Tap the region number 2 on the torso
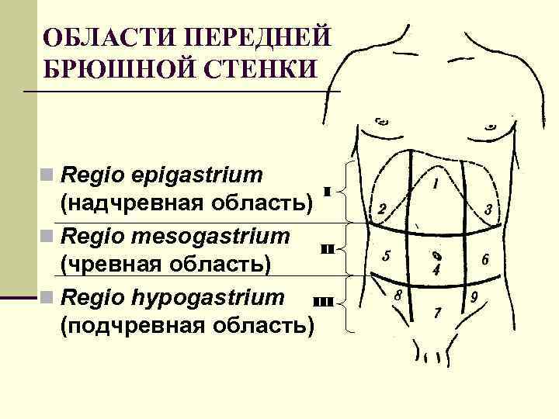click(382, 209)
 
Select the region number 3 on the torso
click(488, 209)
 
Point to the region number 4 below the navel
click(437, 271)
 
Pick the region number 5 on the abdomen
click(386, 257)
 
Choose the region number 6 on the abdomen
click(485, 260)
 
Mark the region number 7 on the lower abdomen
click(438, 313)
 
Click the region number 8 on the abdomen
click(397, 296)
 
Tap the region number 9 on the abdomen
click(473, 296)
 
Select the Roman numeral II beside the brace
click(327, 249)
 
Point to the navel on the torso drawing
click(437, 255)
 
